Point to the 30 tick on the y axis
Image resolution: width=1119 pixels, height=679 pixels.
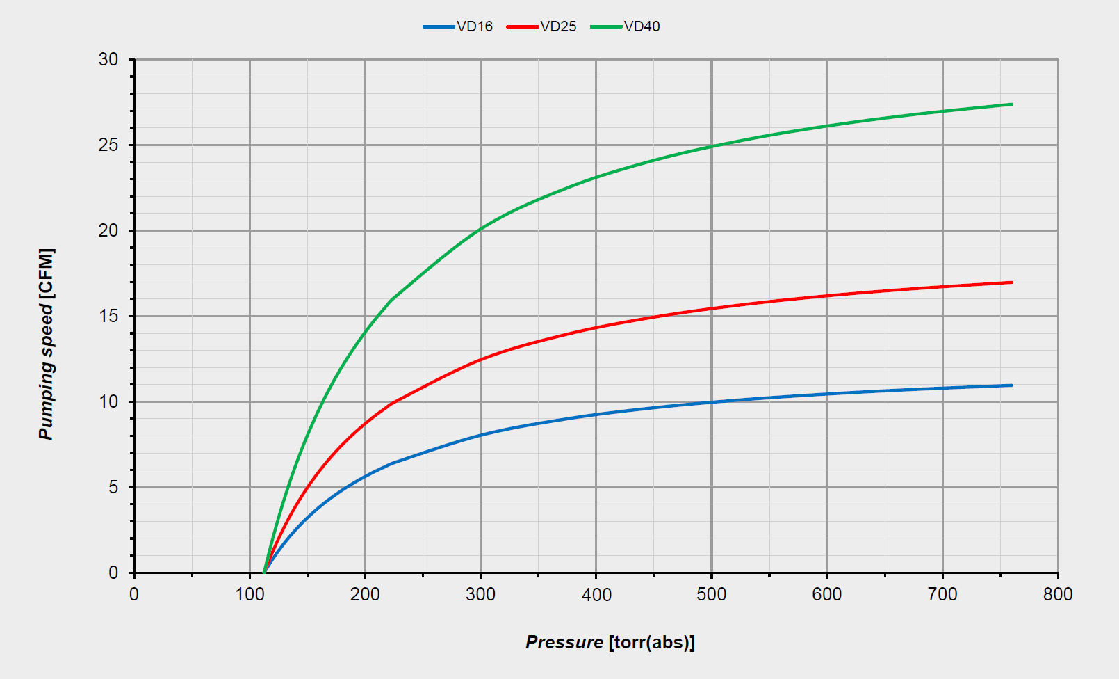[108, 59]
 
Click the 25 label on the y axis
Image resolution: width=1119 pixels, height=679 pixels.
[108, 145]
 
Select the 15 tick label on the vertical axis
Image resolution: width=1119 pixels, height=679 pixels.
[108, 316]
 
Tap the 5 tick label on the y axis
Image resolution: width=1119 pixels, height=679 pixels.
[113, 487]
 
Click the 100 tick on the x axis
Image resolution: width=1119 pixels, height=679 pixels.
[250, 594]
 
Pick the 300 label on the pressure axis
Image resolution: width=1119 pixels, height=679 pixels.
[480, 594]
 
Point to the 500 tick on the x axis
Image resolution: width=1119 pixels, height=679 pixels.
[712, 594]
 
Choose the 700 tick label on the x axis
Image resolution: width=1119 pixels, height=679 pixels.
[942, 594]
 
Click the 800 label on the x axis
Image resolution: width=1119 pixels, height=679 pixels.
[1058, 594]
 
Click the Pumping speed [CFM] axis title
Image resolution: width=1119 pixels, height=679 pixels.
[46, 344]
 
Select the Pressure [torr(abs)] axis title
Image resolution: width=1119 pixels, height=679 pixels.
[610, 642]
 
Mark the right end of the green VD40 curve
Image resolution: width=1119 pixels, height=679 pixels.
[1011, 104]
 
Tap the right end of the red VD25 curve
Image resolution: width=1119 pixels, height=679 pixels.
[1011, 282]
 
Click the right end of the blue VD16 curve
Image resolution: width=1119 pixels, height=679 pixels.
[1011, 385]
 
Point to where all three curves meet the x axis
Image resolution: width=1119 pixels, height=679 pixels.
[264, 573]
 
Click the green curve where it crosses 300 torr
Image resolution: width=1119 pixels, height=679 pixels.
[480, 229]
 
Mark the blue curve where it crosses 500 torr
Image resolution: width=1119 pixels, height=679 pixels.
[712, 402]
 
